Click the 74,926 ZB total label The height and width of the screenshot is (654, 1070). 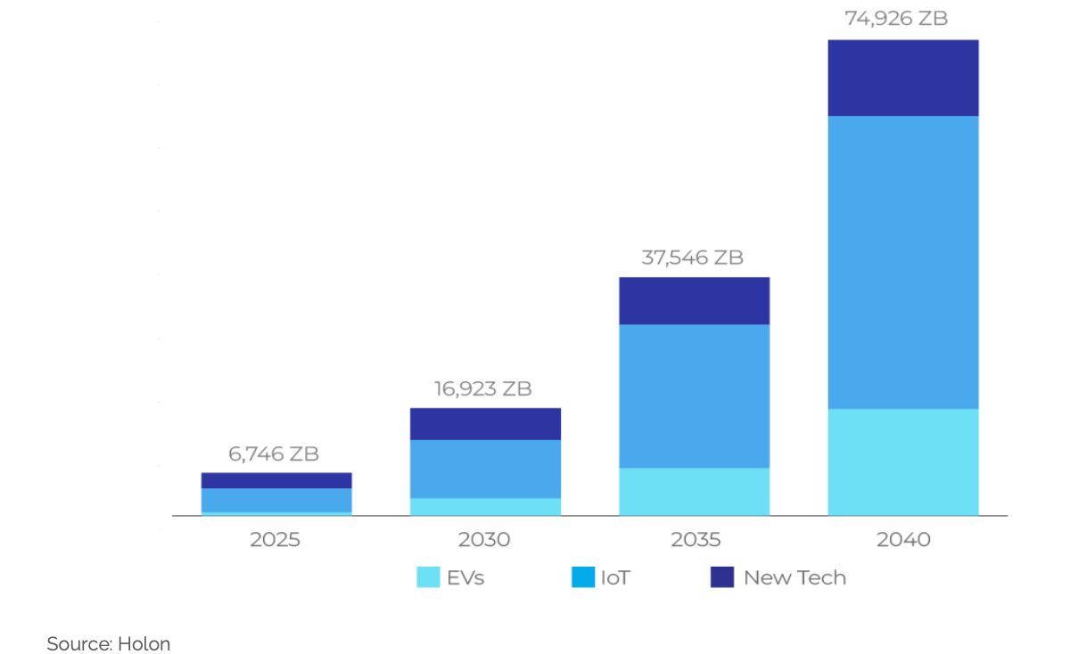[x=895, y=18]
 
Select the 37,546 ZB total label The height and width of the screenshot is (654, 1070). [x=692, y=258]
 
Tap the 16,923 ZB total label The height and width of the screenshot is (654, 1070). [x=483, y=388]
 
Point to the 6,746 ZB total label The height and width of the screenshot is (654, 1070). [x=274, y=454]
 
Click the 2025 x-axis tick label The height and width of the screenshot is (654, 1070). [x=276, y=539]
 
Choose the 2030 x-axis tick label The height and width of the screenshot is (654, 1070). [x=484, y=539]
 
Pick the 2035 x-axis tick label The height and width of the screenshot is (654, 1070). [x=694, y=539]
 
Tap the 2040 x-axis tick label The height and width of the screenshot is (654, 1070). [x=902, y=539]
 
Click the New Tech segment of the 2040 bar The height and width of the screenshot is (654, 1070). [x=902, y=78]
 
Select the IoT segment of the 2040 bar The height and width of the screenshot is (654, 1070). [x=902, y=262]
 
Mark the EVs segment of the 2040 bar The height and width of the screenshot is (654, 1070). [x=902, y=462]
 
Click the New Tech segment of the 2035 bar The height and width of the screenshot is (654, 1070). [x=694, y=300]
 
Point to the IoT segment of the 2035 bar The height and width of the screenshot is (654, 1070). [x=694, y=396]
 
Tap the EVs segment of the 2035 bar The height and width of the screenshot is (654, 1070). [x=694, y=491]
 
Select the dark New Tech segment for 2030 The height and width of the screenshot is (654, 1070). [x=484, y=423]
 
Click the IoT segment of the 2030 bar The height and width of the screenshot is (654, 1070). [x=484, y=469]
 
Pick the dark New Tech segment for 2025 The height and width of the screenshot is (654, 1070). [x=276, y=480]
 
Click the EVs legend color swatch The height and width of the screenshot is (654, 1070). [x=428, y=577]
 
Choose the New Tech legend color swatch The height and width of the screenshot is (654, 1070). [x=721, y=577]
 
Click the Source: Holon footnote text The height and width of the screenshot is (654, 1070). [x=108, y=643]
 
